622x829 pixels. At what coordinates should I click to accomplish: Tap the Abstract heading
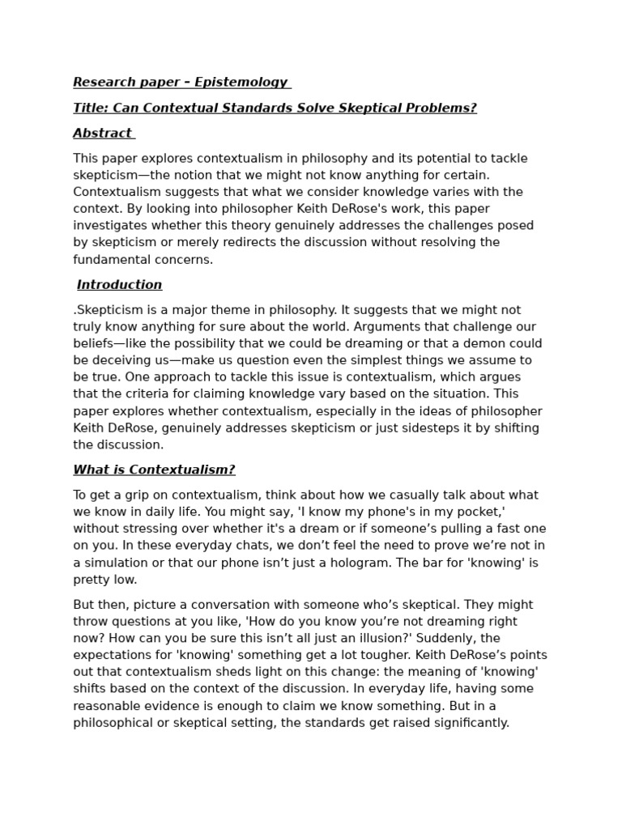[102, 133]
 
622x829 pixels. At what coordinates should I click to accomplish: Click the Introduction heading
[120, 284]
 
